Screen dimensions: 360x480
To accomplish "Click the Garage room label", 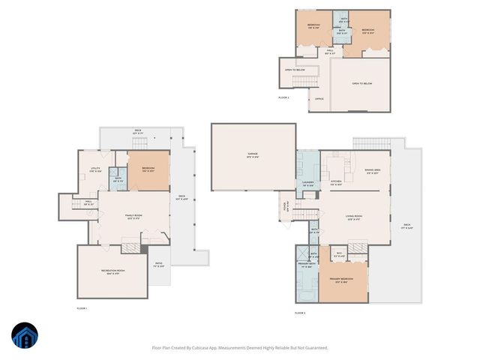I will coord(253,155).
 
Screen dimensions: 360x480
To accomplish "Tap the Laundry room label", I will coord(308,183).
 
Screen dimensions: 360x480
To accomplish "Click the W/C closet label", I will coord(339,253).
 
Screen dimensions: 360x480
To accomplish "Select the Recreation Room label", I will coord(112,271).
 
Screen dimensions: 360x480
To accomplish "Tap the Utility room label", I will coord(95,169).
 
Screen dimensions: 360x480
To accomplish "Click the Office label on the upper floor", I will coord(319,98).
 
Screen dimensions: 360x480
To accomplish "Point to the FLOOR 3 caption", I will coord(283,97).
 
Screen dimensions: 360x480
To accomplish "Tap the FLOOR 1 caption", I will coord(82,308).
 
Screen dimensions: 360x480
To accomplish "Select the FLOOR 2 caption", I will coord(300,312).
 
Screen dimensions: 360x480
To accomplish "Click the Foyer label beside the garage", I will coord(286,208).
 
